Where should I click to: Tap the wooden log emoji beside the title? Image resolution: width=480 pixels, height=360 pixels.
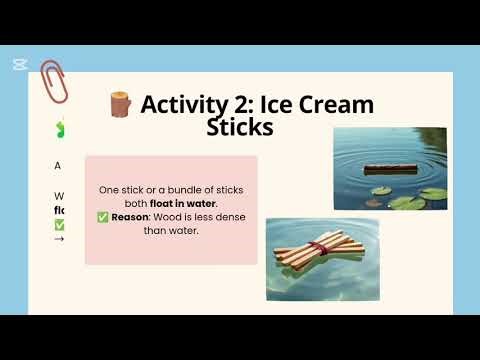[120, 104]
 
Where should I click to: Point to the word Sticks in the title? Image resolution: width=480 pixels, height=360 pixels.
[239, 127]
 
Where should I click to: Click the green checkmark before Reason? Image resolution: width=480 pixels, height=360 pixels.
[103, 217]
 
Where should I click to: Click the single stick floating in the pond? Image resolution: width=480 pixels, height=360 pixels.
[389, 169]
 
